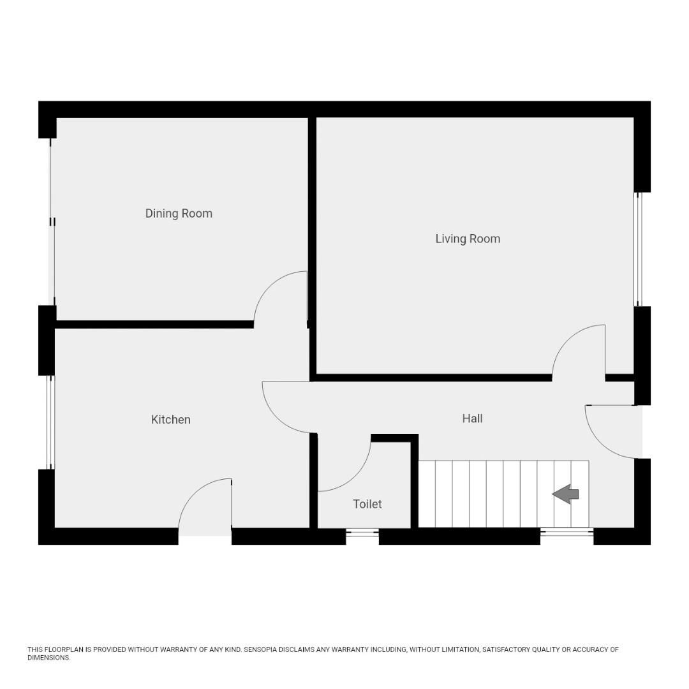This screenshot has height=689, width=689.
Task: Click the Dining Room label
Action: pyautogui.click(x=179, y=214)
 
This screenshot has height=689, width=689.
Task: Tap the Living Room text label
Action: pyautogui.click(x=468, y=239)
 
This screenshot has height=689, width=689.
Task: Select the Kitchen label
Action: pyautogui.click(x=170, y=420)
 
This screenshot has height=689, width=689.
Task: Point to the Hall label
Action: pyautogui.click(x=472, y=419)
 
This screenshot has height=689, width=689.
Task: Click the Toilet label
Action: pyautogui.click(x=367, y=504)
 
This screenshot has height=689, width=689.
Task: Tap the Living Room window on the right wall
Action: pyautogui.click(x=638, y=249)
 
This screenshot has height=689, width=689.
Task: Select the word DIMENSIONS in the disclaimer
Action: pyautogui.click(x=48, y=658)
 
